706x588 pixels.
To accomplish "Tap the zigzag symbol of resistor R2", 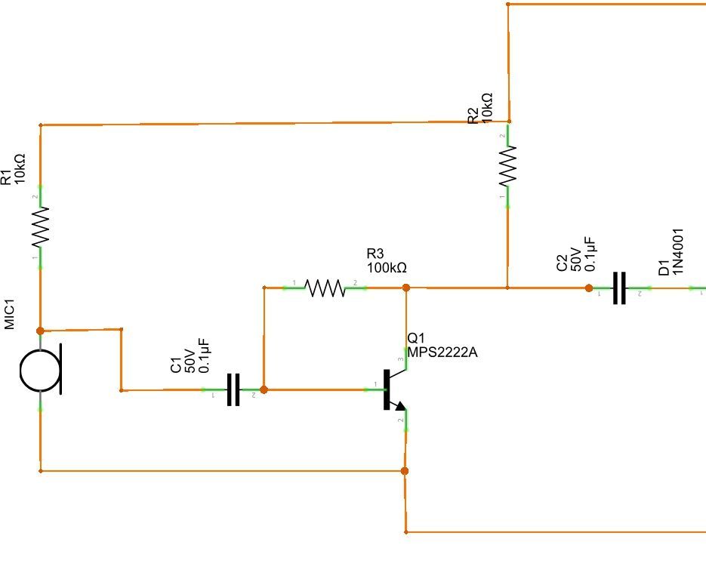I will pos(508,165).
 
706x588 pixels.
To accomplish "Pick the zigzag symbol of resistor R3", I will pos(325,288).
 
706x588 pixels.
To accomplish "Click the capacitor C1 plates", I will pos(233,390).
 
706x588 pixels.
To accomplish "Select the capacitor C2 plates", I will pos(619,288).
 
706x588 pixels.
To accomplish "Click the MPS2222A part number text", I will pos(442,352).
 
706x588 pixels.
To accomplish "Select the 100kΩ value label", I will pos(387,267).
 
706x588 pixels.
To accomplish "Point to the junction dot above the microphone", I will pos(40,331).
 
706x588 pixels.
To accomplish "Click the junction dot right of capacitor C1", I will pos(264,390).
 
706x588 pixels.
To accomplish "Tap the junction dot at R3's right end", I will pos(405,288).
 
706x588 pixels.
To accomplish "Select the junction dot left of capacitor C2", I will pos(588,288).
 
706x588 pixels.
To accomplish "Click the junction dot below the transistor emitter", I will pos(405,471).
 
